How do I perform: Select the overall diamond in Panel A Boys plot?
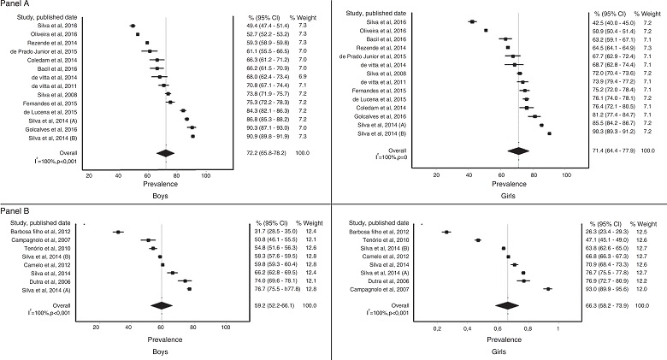166,152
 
